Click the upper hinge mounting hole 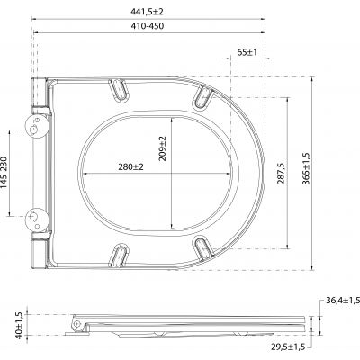[35, 129]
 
